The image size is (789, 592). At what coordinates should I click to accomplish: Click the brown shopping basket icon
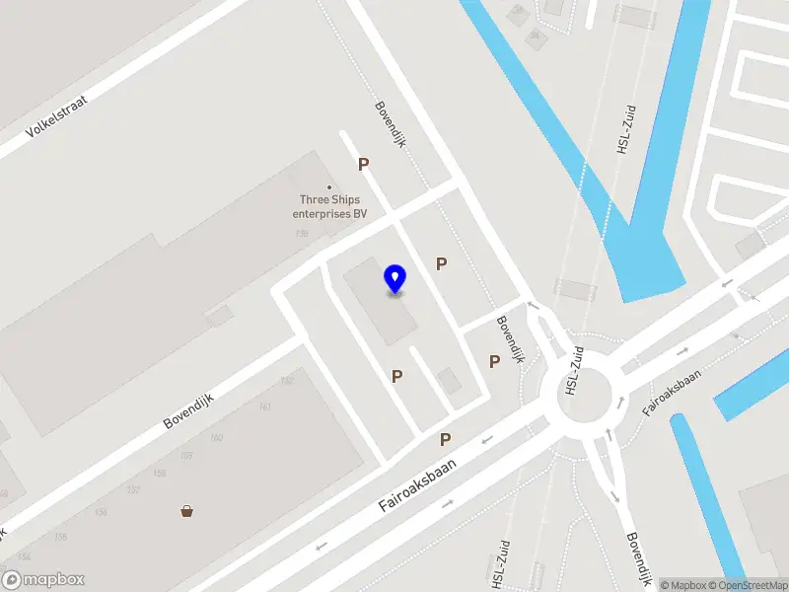pos(186,510)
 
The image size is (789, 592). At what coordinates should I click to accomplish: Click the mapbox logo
pos(43,580)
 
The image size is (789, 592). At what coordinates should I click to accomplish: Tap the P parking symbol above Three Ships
pos(363,165)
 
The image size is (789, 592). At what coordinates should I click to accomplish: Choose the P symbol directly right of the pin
pos(442,263)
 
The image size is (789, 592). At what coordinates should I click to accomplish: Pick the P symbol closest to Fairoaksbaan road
pos(445,439)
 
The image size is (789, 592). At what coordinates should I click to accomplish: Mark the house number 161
pos(264,407)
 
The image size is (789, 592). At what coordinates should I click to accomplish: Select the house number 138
pos(302,234)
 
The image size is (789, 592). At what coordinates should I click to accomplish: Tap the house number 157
pos(133,490)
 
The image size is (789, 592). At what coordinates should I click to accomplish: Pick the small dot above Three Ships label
pos(329,187)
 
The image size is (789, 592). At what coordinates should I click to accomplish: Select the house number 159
pos(186,456)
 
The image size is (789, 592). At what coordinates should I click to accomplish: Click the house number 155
pos(59,537)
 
